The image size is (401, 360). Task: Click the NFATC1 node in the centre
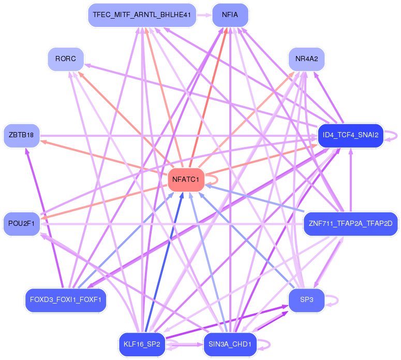[186, 180]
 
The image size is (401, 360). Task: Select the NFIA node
[230, 15]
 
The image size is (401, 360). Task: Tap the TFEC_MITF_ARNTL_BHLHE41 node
[142, 15]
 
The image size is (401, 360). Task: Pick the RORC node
[66, 59]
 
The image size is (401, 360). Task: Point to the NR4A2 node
[306, 59]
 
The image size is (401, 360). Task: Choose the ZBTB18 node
[22, 135]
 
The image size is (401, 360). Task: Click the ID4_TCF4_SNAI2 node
[351, 135]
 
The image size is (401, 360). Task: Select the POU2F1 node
[22, 224]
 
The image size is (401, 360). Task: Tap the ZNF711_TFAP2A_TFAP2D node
[351, 224]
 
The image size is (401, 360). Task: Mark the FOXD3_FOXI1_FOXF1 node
[66, 300]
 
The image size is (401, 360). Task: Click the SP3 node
[306, 300]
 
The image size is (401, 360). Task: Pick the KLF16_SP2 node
[142, 344]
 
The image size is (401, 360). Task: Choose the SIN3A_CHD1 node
[230, 344]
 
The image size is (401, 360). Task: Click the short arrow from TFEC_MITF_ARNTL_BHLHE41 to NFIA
[204, 15]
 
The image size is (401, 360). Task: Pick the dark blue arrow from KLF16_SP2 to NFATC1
[164, 262]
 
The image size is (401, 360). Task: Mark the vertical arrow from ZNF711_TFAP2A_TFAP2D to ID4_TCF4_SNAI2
[351, 180]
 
